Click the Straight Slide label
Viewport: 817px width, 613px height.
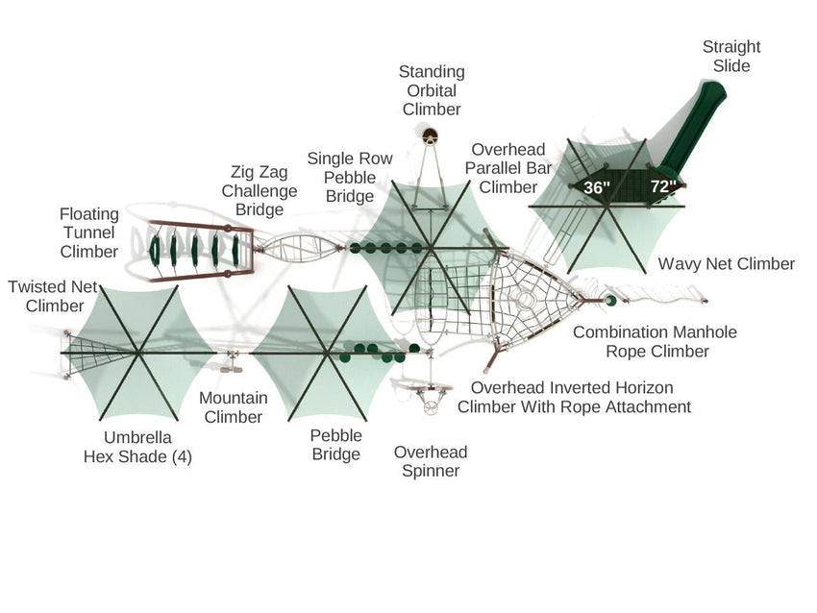(730, 56)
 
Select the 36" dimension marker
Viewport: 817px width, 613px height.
(597, 187)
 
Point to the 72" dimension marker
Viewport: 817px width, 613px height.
(663, 186)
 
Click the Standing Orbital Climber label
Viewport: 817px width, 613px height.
(432, 90)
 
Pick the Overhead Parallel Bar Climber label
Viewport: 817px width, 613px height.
(508, 168)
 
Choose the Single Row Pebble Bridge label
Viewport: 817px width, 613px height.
(350, 177)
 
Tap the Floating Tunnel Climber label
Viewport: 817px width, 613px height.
(88, 233)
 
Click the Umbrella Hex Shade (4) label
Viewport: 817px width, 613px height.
(137, 448)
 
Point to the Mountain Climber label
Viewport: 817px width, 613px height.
(231, 407)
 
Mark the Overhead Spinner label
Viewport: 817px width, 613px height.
(431, 461)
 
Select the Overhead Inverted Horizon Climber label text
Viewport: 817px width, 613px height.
(573, 398)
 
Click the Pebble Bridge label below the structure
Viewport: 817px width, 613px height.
(335, 444)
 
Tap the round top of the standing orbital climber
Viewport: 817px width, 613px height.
(431, 135)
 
